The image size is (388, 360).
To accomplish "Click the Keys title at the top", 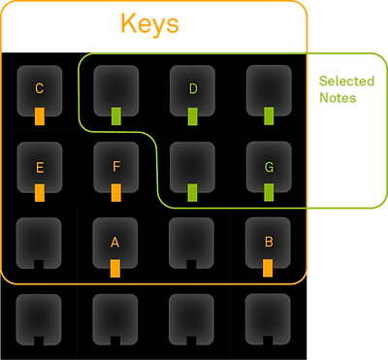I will pos(149,24).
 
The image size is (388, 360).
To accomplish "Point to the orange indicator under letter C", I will pos(40,116).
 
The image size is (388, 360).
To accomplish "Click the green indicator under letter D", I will pos(192,116).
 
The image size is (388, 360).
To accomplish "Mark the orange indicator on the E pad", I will pos(40,192).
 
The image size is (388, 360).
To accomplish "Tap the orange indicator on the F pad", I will pos(115,192).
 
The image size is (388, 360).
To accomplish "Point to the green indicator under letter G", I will pos(269,192).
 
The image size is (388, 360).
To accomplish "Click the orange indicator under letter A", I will pos(115,268).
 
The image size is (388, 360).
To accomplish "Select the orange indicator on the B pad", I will pos(269,268).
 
